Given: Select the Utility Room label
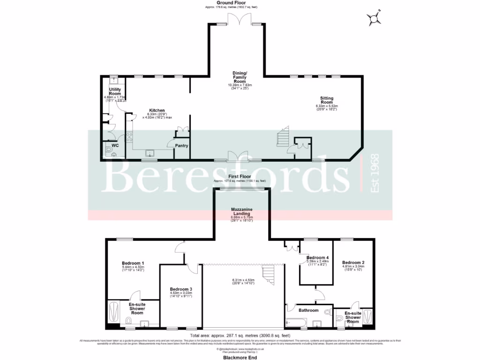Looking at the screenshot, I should (115, 91).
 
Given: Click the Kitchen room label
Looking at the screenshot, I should (157, 111).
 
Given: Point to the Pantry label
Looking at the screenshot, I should (181, 146).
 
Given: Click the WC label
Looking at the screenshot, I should (115, 146).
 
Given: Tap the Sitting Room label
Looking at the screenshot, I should (327, 100).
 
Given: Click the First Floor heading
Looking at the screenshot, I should (240, 177).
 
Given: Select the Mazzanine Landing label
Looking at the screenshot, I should (242, 211).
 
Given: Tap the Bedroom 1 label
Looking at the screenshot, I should (133, 263).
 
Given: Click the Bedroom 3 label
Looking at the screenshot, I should (181, 289).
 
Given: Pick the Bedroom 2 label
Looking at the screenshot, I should (353, 262).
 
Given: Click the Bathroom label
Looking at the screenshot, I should (309, 310).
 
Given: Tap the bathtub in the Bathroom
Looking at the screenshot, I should (296, 322).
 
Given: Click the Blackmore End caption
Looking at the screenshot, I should (240, 356).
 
